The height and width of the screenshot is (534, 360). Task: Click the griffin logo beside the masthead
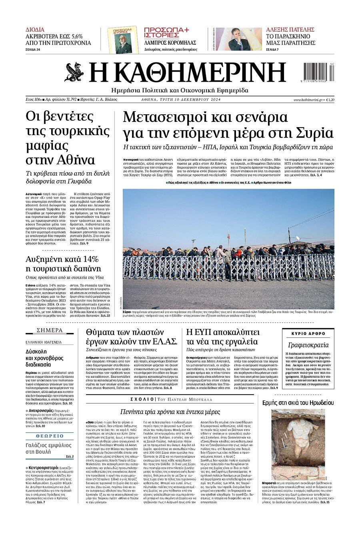coord(75,72)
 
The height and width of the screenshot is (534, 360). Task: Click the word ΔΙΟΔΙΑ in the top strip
coord(35,30)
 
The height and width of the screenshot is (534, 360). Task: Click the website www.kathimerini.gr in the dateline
coord(308,100)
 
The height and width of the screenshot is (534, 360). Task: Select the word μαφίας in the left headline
coord(47,145)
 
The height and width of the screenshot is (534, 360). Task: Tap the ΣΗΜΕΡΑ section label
coord(50,330)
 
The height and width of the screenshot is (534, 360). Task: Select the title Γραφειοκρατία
coord(308,345)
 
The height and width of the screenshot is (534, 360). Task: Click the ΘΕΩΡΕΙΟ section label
coord(50,436)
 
